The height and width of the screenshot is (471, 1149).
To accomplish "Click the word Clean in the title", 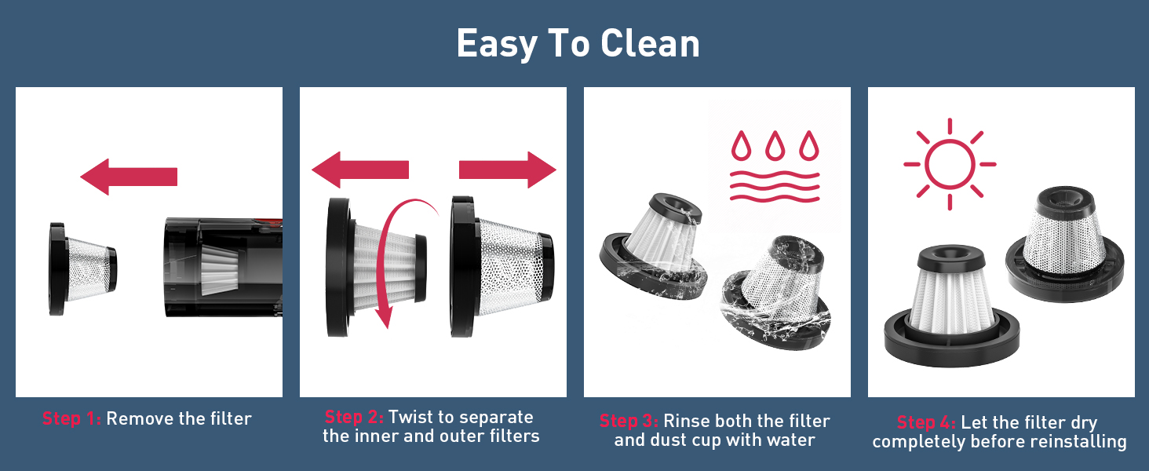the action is (650, 44).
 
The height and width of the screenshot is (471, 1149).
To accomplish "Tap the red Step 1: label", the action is (71, 418).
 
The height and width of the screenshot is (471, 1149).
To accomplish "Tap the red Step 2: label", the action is (354, 417).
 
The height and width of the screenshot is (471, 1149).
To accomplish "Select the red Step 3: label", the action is (629, 421).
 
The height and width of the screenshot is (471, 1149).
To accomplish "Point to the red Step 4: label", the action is (926, 422).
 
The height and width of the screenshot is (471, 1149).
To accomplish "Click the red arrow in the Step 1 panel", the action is (129, 177).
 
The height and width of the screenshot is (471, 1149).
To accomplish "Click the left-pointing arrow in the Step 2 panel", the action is (360, 170).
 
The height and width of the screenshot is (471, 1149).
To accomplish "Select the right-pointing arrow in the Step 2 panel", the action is (507, 170).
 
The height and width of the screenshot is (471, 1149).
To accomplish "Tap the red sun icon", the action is (950, 164).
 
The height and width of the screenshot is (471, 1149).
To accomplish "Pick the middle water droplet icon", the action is (775, 146).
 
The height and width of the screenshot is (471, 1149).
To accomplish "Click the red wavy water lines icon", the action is (775, 186).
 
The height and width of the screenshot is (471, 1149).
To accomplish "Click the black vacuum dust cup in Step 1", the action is (223, 268).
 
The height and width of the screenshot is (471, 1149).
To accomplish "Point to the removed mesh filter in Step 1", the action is (82, 268).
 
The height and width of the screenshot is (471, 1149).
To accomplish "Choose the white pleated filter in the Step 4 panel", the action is (951, 305).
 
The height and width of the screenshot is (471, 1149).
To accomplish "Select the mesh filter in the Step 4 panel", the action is (1065, 244).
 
